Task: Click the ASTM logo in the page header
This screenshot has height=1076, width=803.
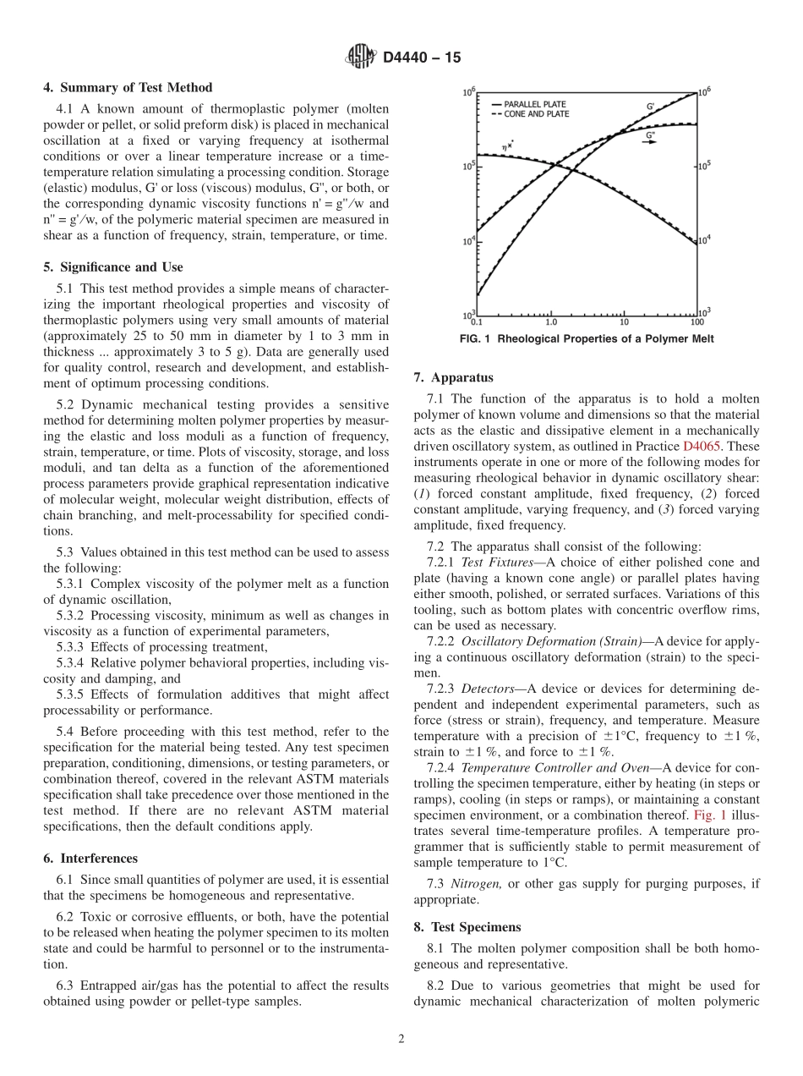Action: tap(361, 58)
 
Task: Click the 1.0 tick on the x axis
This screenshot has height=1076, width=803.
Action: tap(551, 321)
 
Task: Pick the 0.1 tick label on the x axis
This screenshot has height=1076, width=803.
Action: tap(476, 321)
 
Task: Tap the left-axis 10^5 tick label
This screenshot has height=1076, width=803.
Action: tap(469, 166)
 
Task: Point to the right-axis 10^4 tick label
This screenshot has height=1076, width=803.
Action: tap(703, 240)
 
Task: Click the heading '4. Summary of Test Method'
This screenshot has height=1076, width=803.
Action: tap(128, 88)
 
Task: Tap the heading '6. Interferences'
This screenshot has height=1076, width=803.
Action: tap(90, 858)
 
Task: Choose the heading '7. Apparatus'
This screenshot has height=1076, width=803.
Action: tap(454, 378)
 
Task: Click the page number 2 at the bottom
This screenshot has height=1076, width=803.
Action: tap(401, 1040)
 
